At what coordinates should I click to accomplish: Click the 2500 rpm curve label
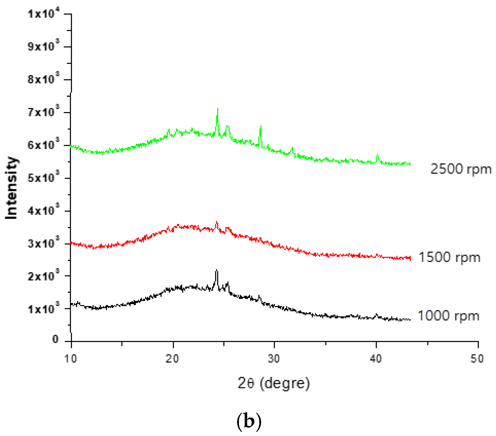(x=461, y=169)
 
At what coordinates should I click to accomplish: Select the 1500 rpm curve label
(x=449, y=257)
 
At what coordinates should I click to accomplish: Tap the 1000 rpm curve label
(x=448, y=316)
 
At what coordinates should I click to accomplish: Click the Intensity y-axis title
(x=12, y=188)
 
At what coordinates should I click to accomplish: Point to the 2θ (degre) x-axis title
(x=274, y=383)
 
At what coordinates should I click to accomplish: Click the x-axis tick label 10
(x=71, y=359)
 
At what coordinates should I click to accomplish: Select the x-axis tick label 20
(x=172, y=359)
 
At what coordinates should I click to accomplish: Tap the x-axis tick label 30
(x=274, y=359)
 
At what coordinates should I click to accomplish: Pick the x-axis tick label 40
(x=376, y=359)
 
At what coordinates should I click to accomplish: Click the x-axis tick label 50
(x=477, y=359)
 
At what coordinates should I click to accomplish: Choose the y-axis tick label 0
(x=55, y=340)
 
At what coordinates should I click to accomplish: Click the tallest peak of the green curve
(x=218, y=109)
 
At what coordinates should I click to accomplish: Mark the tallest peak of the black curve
(x=217, y=270)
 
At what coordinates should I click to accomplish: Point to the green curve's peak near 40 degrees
(x=377, y=155)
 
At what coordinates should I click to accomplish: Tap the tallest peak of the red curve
(x=217, y=222)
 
